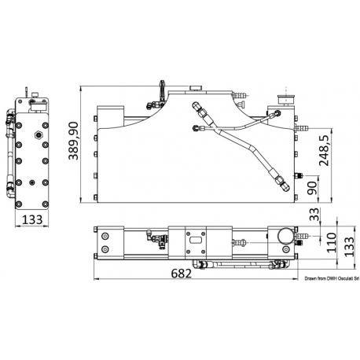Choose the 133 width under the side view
pyautogui.click(x=31, y=219)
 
